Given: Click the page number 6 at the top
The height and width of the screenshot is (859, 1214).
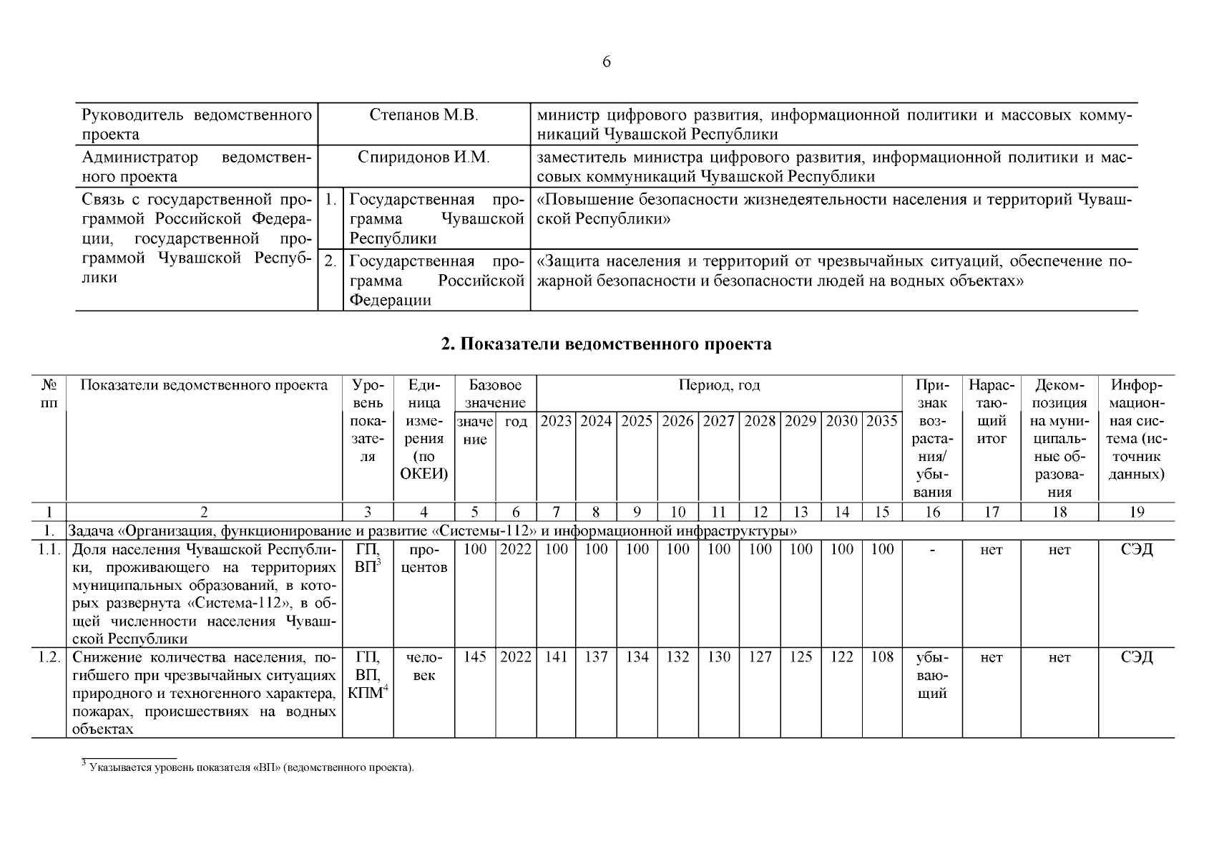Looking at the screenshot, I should pos(607,62).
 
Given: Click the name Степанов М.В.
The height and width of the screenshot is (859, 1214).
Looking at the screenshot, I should pos(424,115).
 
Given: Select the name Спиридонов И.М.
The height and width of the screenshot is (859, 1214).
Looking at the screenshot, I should pos(424,157).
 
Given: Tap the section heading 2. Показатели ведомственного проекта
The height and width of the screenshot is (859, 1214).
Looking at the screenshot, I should pos(607,344).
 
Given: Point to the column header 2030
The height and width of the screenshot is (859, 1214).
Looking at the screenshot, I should pos(842,421).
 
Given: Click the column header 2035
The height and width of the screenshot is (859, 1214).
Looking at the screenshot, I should pos(882,421).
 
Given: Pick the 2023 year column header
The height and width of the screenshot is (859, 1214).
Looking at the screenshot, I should pos(556,421).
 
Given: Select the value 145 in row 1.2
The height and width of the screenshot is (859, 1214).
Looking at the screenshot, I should pos(475,657).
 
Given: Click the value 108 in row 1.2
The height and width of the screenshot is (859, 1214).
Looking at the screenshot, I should pos(882,657).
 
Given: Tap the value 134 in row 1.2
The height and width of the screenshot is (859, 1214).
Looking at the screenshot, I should pos(637,657).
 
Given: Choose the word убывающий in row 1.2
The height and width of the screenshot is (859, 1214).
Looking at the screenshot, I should pos(932,675).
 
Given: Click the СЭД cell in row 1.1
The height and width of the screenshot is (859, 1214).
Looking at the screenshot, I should pos(1136,550).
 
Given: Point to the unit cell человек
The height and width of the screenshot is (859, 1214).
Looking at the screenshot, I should pos(424,666).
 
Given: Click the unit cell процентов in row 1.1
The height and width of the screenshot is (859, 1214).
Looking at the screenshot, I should pos(424,558).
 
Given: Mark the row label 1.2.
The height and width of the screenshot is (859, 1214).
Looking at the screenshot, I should pos(49,657).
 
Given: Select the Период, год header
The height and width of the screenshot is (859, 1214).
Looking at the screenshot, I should pos(719,386).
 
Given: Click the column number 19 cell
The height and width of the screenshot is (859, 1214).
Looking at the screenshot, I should pos(1136,512).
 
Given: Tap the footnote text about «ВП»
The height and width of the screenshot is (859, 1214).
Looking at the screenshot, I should pos(248,768).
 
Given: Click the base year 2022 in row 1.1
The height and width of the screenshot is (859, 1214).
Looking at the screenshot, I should pos(516,550).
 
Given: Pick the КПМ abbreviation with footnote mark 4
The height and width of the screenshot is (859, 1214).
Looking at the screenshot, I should pos(367,693).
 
